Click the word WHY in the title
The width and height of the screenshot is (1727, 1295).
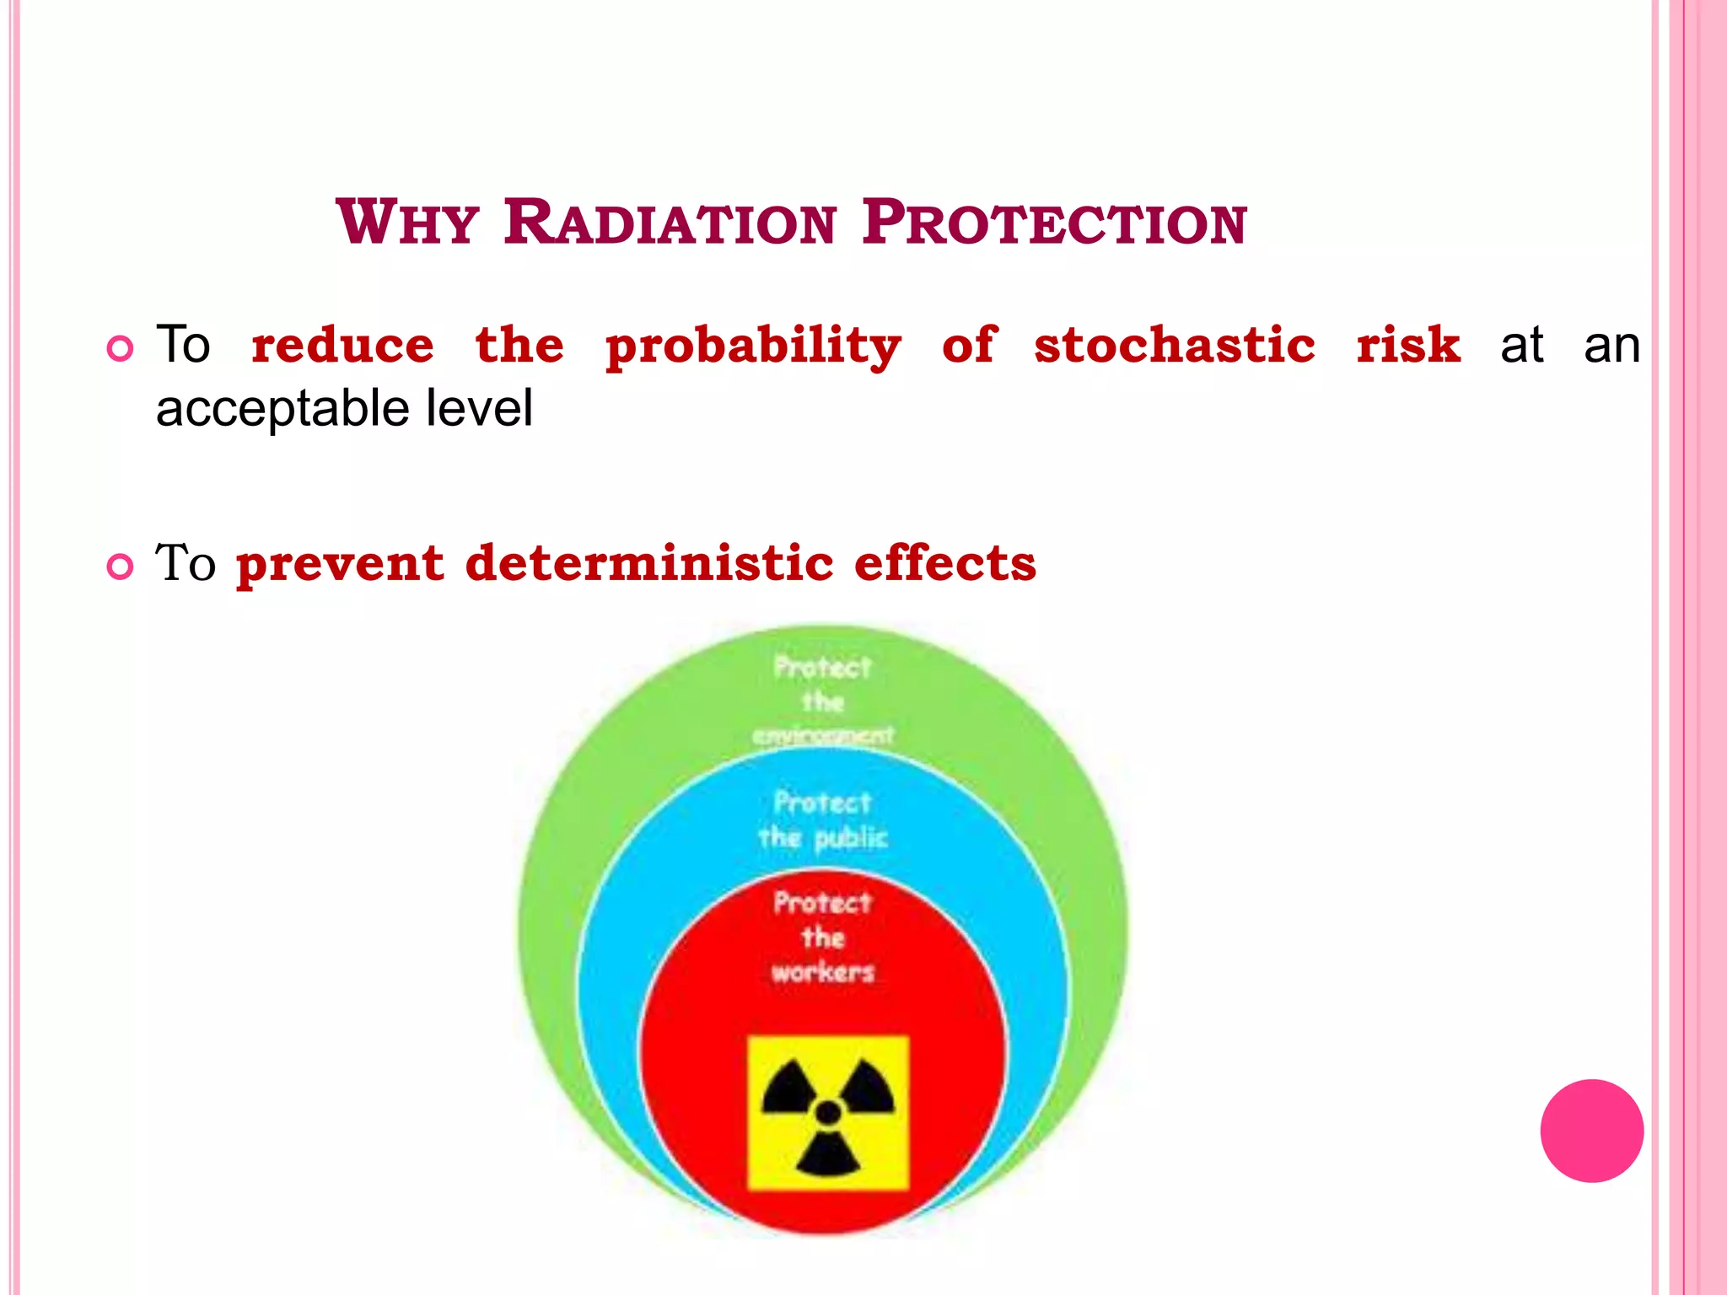(x=407, y=223)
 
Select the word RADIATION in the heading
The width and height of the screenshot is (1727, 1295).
(x=670, y=223)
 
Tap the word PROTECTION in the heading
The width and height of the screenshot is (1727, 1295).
(x=1054, y=223)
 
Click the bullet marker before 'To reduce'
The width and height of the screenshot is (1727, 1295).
(x=121, y=348)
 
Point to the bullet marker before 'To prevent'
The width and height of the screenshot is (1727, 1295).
(x=121, y=567)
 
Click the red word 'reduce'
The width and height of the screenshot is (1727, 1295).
(x=342, y=345)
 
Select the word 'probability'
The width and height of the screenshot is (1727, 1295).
(x=753, y=347)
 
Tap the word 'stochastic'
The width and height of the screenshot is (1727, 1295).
(x=1175, y=345)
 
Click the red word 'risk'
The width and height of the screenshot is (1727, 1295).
(x=1408, y=345)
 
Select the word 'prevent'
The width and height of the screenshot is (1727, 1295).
(x=340, y=564)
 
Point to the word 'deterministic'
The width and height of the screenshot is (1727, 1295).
(x=649, y=562)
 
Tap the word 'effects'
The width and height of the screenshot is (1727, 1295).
(x=944, y=562)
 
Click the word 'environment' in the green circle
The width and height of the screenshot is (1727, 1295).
(x=822, y=736)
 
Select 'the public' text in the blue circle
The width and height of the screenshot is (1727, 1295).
(x=822, y=838)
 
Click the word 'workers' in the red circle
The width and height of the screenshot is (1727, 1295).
(x=822, y=972)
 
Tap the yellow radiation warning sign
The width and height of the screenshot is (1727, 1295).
(x=828, y=1113)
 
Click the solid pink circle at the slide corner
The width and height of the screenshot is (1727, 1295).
(x=1591, y=1131)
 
